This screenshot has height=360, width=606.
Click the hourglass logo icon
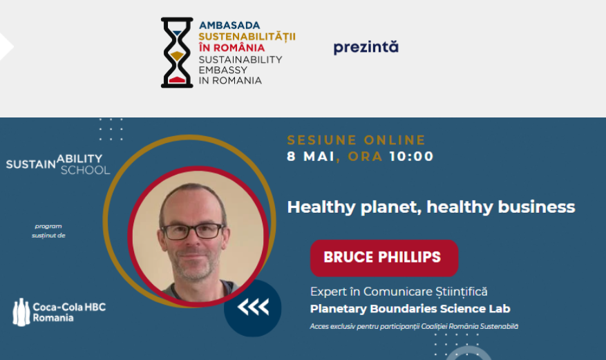[177, 53]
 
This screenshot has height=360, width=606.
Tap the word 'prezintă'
[366, 47]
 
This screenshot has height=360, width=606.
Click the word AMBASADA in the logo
[229, 26]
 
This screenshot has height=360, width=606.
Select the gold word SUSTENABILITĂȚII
[247, 37]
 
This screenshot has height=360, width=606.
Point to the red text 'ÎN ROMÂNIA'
[231, 48]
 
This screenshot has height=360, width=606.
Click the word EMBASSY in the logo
[222, 70]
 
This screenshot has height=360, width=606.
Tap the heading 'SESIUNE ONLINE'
[356, 140]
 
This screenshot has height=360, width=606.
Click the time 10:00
[411, 156]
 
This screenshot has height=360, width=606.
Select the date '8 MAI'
[311, 156]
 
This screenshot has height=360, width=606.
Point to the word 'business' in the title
[536, 207]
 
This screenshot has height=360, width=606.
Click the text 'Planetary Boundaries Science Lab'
[410, 309]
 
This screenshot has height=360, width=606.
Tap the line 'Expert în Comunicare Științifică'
[399, 292]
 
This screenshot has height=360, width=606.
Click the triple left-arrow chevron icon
[253, 307]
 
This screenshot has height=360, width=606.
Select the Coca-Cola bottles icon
[21, 312]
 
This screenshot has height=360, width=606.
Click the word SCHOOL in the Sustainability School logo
[85, 171]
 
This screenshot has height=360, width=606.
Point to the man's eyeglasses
[192, 231]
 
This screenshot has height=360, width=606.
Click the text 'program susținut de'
[48, 231]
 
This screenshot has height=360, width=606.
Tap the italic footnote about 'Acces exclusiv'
[414, 327]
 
